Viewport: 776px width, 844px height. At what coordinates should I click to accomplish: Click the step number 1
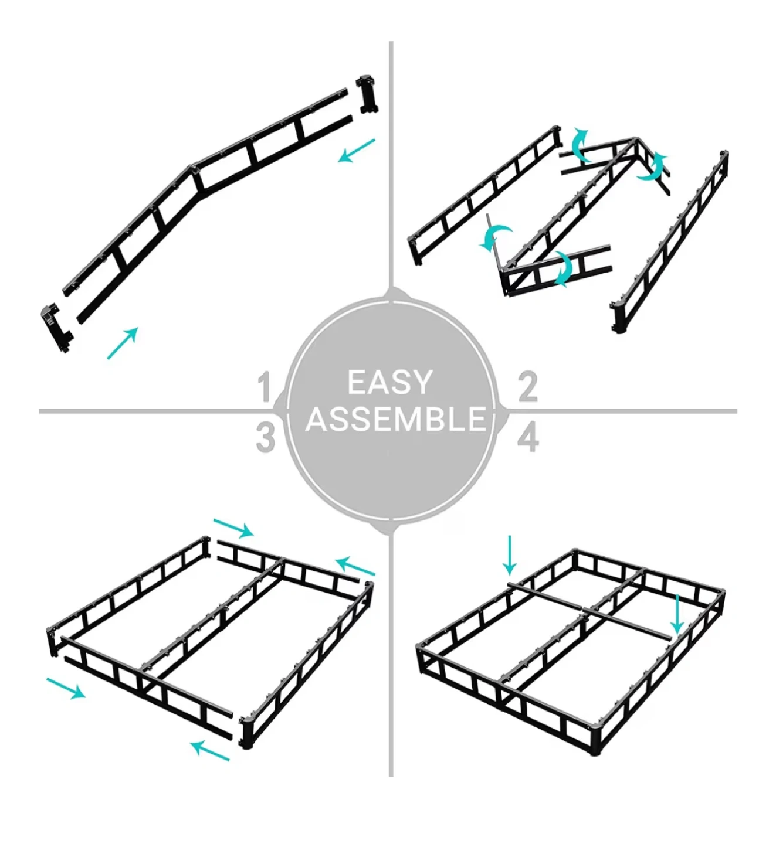[265, 387]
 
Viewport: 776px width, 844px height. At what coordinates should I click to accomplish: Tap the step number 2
[528, 387]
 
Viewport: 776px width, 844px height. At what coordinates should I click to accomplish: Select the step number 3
[265, 438]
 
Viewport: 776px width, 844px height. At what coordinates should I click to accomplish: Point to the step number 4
[528, 438]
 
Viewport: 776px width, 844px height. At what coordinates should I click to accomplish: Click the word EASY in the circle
[390, 382]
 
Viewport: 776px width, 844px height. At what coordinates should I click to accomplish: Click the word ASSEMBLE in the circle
[395, 419]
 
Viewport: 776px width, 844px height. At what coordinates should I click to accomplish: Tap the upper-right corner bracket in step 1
[367, 94]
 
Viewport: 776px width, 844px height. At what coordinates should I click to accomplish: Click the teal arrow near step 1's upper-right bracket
[357, 150]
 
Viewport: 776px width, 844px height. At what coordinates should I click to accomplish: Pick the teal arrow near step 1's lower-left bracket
[123, 343]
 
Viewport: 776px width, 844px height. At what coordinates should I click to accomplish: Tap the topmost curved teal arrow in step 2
[580, 145]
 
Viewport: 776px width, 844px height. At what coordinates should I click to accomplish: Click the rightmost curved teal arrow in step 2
[653, 168]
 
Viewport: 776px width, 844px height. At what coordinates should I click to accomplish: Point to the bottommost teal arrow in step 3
[209, 751]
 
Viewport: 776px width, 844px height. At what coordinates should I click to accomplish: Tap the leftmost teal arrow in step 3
[66, 688]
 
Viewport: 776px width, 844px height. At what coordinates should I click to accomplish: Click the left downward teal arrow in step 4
[510, 555]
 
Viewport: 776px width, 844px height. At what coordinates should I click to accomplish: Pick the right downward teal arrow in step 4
[677, 614]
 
